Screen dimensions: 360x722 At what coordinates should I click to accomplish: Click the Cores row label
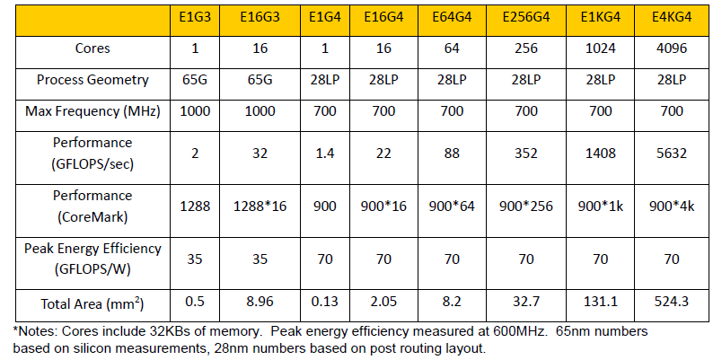click(92, 48)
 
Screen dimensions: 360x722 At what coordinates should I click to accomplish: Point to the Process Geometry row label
click(92, 80)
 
